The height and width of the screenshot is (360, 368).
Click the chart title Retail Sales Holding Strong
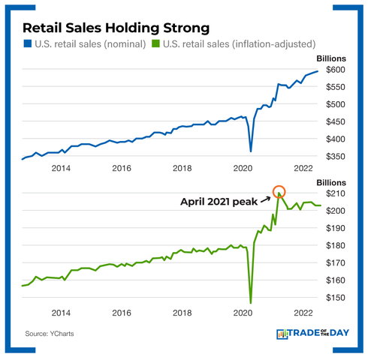116,28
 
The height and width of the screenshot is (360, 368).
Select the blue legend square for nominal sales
27,44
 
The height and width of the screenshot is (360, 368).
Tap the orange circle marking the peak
279,192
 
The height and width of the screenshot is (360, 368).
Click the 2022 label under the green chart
303,312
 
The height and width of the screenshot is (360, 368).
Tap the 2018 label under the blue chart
182,169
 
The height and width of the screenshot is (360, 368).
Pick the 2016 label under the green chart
122,312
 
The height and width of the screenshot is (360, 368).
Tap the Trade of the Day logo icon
284,334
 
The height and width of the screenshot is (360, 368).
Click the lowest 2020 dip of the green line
250,303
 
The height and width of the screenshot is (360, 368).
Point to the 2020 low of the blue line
251,151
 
